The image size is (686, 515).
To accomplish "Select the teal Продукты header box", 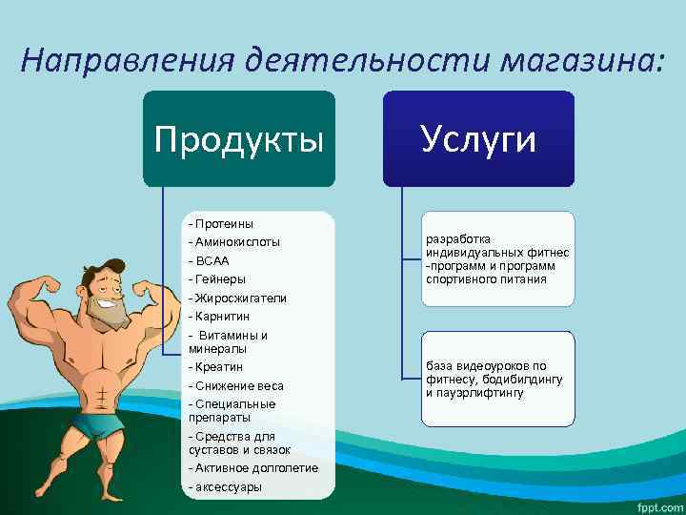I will pos(239,139).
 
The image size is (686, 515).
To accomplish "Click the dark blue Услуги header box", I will pos(478,139).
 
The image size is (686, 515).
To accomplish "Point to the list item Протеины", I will pos(221,223).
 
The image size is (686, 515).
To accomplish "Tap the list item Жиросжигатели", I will pos(237,298).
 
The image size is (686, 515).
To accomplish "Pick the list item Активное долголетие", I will pos(253,467).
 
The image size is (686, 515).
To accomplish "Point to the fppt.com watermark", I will pos(656,503).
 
